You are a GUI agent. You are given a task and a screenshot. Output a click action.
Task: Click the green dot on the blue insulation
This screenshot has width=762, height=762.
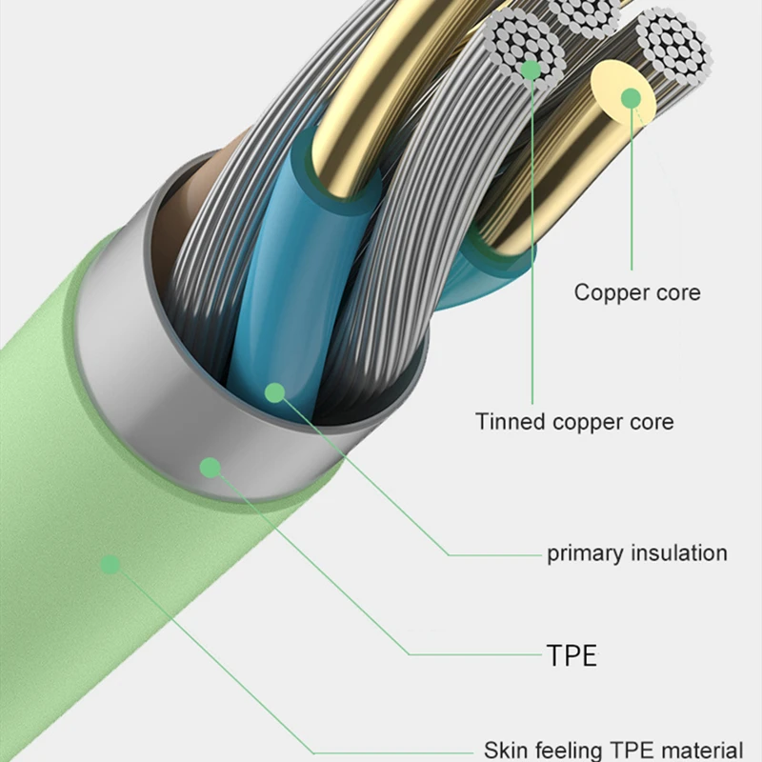tap(275, 391)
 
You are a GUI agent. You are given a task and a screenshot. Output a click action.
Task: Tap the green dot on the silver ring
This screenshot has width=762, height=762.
tap(211, 467)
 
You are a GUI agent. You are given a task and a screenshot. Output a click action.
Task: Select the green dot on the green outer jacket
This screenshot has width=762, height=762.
tap(110, 565)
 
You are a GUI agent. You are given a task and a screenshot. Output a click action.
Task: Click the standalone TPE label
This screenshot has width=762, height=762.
tap(571, 654)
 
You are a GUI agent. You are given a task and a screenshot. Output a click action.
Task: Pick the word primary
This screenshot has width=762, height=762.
tap(580, 553)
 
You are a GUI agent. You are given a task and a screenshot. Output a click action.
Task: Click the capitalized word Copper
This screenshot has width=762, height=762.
tap(610, 292)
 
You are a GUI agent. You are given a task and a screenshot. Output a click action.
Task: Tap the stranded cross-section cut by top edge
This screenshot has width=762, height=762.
tap(587, 13)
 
